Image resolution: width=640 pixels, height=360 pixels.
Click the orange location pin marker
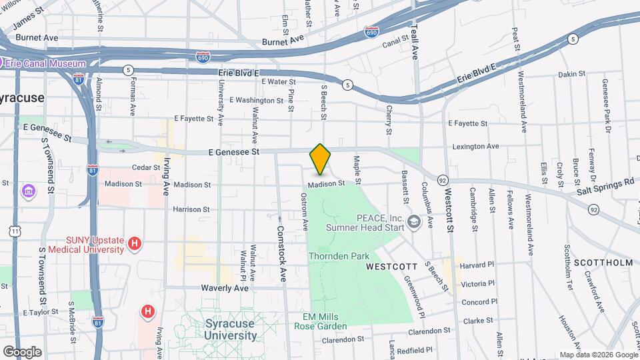[x=320, y=159]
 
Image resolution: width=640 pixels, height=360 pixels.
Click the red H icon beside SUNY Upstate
[x=135, y=244]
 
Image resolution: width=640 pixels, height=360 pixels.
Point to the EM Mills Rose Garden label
[x=320, y=321]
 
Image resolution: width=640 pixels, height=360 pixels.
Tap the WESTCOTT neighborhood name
[x=391, y=266]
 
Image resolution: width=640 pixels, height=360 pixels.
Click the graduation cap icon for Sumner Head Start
[x=413, y=221]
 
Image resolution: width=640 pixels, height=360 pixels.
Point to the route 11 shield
[x=15, y=231]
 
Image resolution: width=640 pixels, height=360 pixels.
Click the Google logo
[x=22, y=351]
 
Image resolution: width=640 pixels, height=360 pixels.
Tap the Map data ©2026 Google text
[x=598, y=355]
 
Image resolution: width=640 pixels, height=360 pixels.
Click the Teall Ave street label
[x=415, y=41]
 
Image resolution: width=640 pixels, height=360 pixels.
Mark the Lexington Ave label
[x=475, y=146]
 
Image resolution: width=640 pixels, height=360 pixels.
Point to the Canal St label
[x=395, y=45]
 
